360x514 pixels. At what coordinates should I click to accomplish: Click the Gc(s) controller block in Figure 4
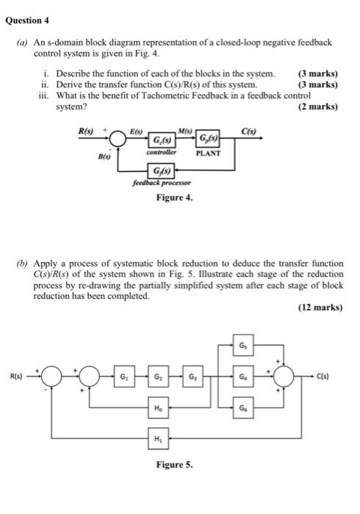click(x=163, y=140)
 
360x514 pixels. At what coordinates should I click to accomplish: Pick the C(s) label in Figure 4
click(x=249, y=131)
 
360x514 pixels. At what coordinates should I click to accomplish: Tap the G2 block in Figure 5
click(x=158, y=379)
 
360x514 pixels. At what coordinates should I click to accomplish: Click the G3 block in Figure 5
click(x=192, y=379)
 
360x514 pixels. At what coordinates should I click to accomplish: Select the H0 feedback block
click(x=158, y=406)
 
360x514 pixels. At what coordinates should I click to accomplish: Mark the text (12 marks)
click(x=320, y=308)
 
